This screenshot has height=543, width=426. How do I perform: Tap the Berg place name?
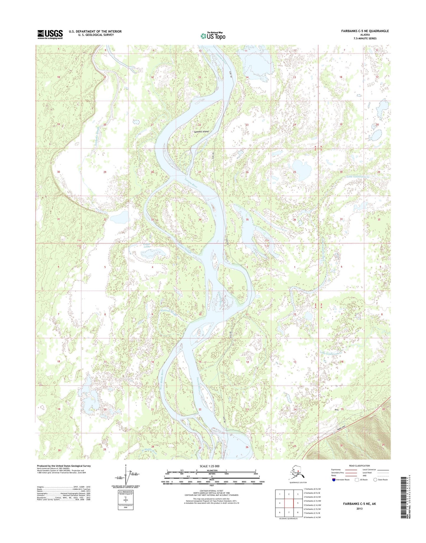click(x=336, y=409)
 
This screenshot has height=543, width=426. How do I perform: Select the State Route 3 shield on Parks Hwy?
click(x=334, y=433)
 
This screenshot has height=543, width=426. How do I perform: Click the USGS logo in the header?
click(x=50, y=34)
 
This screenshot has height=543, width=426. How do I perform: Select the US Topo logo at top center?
click(x=213, y=36)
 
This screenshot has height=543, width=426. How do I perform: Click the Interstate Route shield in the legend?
click(x=334, y=480)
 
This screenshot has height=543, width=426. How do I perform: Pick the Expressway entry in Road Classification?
click(x=336, y=470)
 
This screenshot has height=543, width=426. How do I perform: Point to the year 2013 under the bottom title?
click(x=359, y=509)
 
